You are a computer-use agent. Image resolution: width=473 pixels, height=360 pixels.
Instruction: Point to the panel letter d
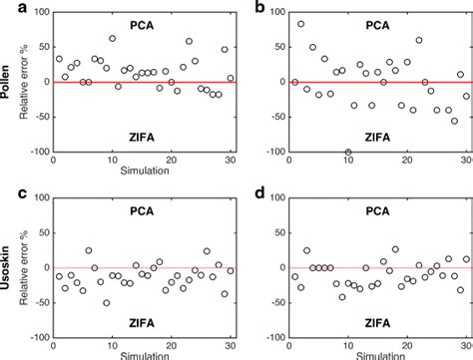tap(260, 190)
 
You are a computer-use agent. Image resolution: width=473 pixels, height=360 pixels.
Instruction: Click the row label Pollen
tap(8, 82)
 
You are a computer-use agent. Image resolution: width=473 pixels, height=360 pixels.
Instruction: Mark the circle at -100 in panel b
tap(347, 152)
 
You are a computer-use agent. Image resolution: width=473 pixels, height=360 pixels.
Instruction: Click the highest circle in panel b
tap(300, 24)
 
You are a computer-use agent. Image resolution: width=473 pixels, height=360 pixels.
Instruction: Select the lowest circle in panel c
tap(106, 302)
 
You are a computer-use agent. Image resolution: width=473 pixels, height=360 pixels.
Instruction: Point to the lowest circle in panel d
tap(341, 297)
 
